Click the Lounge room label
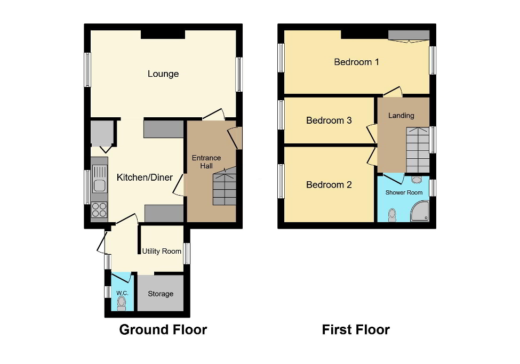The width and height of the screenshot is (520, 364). click(163, 74)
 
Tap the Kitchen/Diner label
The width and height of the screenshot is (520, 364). click(145, 177)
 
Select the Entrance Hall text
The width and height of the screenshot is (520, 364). click(206, 162)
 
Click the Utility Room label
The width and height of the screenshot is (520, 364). click(162, 251)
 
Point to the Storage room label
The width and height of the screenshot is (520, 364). click(161, 294)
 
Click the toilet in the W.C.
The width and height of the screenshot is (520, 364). click(122, 303)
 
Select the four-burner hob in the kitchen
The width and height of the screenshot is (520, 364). click(99, 211)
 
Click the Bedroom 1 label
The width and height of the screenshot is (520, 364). click(356, 62)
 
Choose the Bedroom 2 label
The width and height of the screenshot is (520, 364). click(329, 185)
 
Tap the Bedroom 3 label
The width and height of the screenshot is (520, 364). click(329, 120)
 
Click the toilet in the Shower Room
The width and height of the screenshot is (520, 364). click(393, 214)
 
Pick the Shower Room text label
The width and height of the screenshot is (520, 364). click(404, 192)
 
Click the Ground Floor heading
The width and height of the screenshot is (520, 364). click(163, 330)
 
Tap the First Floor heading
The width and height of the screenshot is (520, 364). click(356, 330)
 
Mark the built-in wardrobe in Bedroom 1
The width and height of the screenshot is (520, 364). click(408, 35)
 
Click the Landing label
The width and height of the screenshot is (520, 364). click(401, 116)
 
